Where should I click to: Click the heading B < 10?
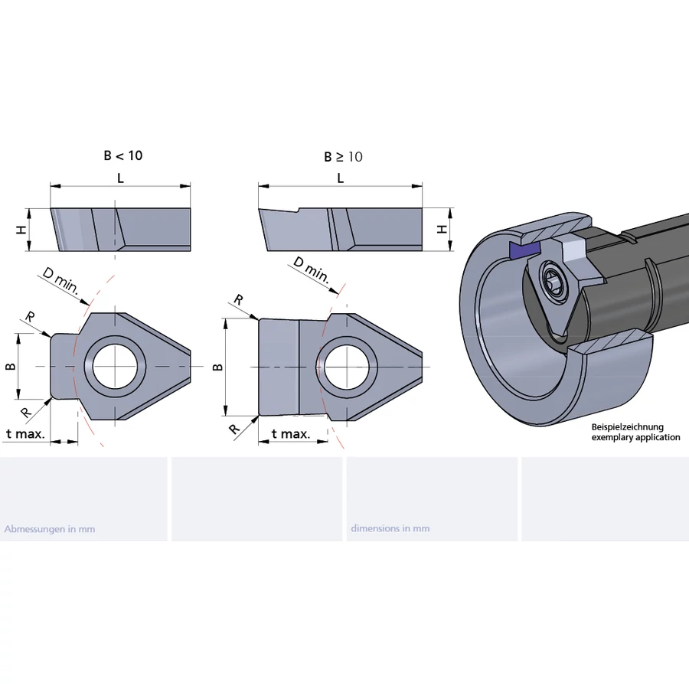(123, 155)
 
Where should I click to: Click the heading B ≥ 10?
(343, 157)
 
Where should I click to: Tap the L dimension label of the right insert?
(340, 178)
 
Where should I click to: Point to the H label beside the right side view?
(441, 229)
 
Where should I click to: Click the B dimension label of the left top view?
(11, 366)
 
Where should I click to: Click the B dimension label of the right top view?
(218, 367)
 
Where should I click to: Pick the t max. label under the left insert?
(25, 434)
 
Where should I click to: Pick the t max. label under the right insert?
(290, 434)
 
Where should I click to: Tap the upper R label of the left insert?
(30, 317)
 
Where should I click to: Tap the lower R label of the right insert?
(235, 428)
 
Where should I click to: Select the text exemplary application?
(635, 437)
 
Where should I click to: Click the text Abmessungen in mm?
(50, 528)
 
